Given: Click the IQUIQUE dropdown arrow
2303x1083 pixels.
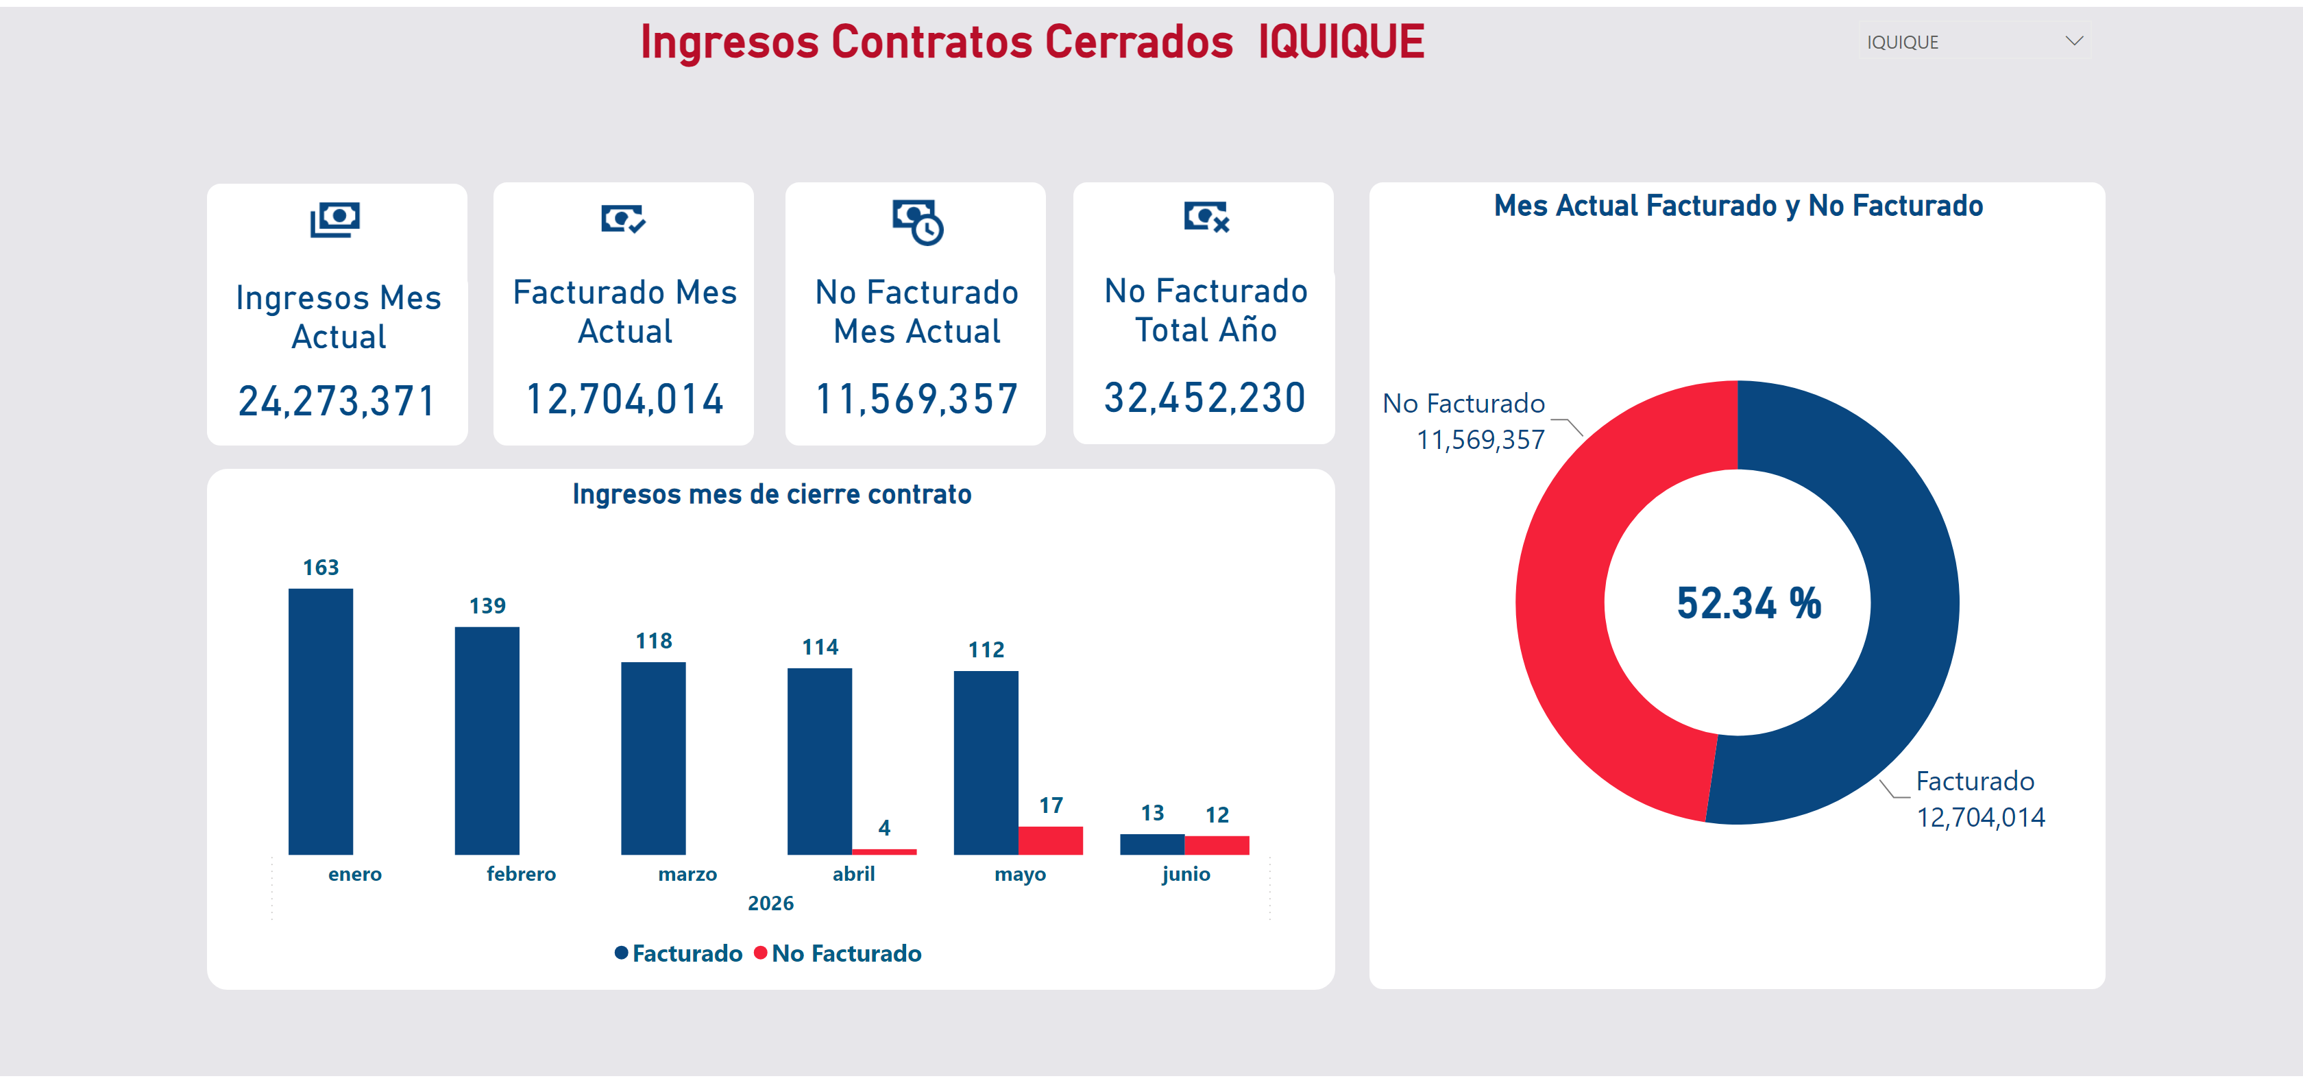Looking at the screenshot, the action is coord(2074,41).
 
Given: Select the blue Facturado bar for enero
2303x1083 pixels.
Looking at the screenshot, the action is coord(320,721).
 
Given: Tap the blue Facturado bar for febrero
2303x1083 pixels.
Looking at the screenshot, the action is coord(487,740).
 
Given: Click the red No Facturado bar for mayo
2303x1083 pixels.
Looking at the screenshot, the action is coord(1051,840).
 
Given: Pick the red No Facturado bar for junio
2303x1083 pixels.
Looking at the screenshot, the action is coord(1217,844).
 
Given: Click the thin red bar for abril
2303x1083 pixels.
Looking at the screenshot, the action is coord(884,851).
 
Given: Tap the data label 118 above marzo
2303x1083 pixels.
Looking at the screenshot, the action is coord(653,640).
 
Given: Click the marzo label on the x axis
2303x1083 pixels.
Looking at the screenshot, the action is coord(687,874).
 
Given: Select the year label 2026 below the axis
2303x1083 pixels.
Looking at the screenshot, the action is coord(770,903).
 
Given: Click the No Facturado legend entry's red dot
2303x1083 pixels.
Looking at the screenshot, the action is coord(761,953).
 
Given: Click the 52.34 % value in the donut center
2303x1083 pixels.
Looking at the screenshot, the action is coord(1748,603).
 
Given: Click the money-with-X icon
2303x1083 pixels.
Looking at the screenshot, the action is coord(1206,217).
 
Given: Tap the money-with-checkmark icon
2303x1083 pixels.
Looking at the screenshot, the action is coord(623,218).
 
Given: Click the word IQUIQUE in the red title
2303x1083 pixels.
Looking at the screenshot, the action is coord(1341,41).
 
